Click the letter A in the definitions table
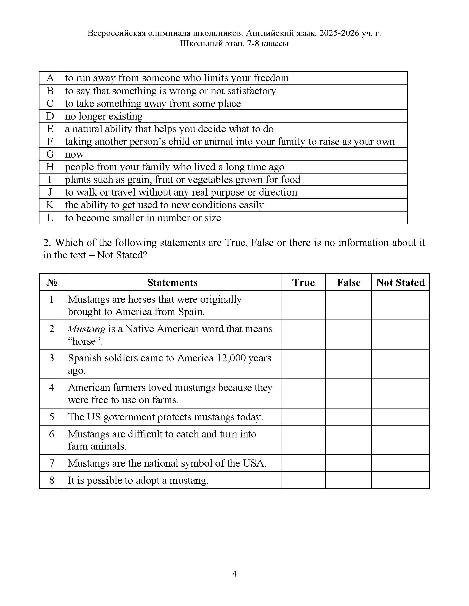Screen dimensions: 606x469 [x=50, y=78]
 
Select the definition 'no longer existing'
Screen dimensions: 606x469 [x=104, y=116]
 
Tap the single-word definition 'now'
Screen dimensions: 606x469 [x=74, y=154]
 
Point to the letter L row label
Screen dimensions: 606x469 [x=50, y=218]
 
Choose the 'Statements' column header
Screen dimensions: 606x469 [x=172, y=282]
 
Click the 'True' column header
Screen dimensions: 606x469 [x=303, y=282]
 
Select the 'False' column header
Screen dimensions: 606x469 [x=348, y=282]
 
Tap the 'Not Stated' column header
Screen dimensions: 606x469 [x=400, y=282]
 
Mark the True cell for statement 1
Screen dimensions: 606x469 [x=303, y=305]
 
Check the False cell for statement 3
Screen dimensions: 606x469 [x=348, y=364]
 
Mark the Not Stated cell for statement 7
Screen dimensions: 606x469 [x=400, y=463]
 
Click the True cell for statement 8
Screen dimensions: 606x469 [x=303, y=480]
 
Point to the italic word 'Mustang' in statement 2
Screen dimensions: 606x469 [x=86, y=329]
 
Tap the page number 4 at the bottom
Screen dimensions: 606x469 [x=234, y=573]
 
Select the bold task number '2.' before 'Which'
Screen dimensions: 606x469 [x=47, y=243]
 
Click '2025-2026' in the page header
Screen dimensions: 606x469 [x=339, y=33]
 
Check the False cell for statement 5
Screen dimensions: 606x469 [x=348, y=417]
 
